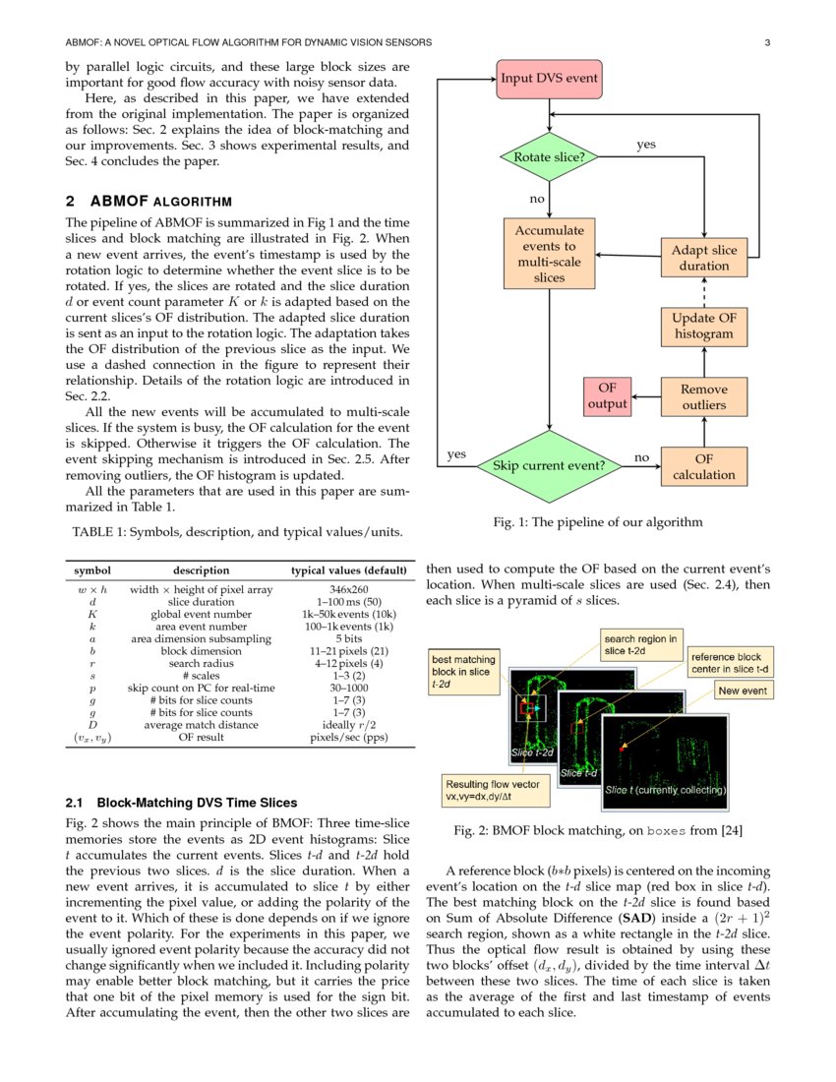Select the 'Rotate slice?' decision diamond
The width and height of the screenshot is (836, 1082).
[x=548, y=156]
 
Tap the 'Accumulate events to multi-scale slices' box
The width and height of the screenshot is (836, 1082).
[x=549, y=254]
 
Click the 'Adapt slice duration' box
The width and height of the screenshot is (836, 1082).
[x=704, y=258]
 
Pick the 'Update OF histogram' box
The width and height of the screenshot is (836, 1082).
[x=704, y=326]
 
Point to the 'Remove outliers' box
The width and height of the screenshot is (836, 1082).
[x=704, y=396]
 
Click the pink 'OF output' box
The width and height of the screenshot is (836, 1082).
[x=607, y=396]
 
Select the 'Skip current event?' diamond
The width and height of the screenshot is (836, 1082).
[x=548, y=464]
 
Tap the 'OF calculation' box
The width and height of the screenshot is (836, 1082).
[x=704, y=466]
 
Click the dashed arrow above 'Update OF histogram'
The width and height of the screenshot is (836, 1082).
[x=704, y=291]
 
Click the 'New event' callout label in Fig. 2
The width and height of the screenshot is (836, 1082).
[x=743, y=691]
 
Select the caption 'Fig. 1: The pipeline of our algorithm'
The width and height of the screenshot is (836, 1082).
[x=597, y=522]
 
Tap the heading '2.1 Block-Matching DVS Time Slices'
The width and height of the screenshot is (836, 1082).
[x=180, y=803]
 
